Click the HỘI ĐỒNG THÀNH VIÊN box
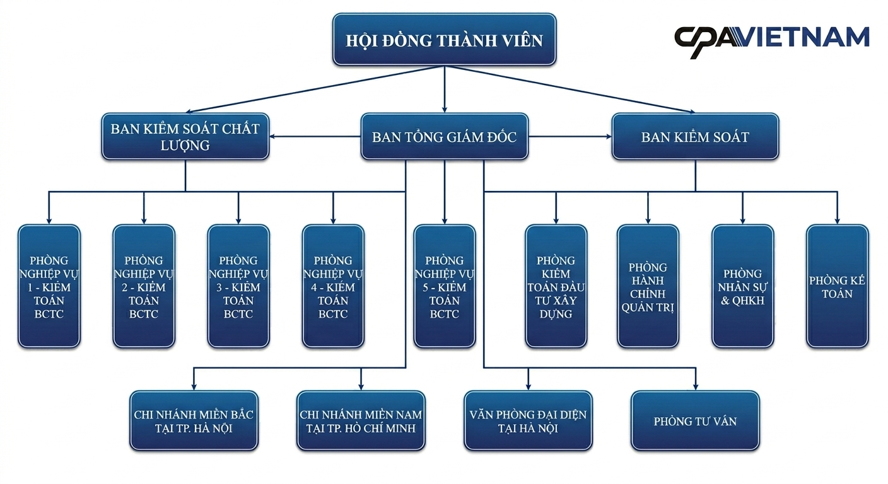[445, 40]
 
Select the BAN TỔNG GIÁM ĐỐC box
[445, 137]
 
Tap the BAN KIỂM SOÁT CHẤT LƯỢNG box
[185, 137]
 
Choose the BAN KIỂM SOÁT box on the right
[695, 137]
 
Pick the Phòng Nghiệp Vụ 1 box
[49, 286]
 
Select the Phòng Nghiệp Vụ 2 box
[144, 286]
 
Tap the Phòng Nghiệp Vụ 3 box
[238, 286]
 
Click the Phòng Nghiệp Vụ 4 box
[333, 286]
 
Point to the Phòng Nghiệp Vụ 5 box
[445, 286]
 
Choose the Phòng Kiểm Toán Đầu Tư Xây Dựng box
[556, 286]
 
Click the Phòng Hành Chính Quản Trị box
[648, 286]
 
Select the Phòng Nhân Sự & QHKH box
[742, 286]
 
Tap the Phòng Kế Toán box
[838, 286]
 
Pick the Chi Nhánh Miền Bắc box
[194, 421]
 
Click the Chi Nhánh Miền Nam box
[361, 421]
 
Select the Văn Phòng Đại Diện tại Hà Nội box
[528, 421]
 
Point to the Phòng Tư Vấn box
[695, 421]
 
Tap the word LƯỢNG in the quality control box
[185, 146]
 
